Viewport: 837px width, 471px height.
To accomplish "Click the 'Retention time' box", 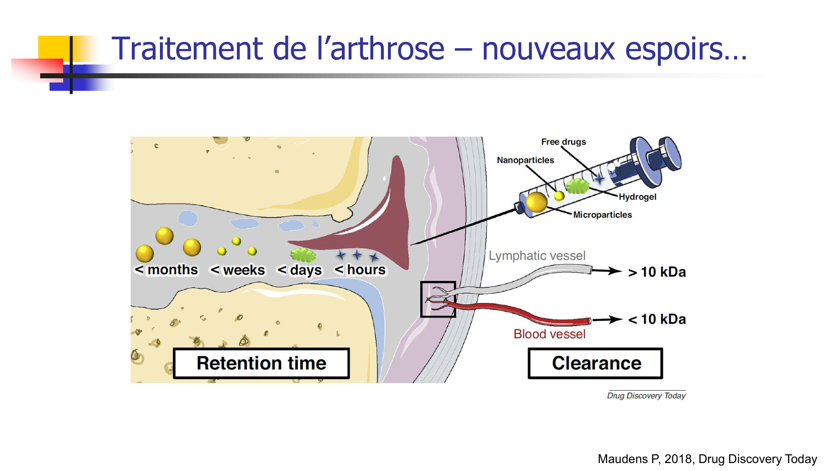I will click(x=261, y=363).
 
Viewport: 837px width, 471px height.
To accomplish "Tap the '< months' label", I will click(x=166, y=270).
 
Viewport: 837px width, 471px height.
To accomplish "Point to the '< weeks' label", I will click(x=238, y=270).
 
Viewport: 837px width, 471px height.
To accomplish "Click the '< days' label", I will click(x=300, y=270).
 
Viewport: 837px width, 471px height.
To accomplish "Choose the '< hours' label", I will click(x=360, y=270).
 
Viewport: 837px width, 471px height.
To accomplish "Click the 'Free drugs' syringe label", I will click(x=563, y=142).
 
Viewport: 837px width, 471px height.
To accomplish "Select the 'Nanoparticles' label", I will click(x=525, y=160).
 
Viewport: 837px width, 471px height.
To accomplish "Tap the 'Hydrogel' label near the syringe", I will click(x=637, y=197).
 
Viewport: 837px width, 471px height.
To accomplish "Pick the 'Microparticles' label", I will click(x=602, y=215).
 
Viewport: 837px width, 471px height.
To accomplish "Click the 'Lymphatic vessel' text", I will click(x=537, y=255).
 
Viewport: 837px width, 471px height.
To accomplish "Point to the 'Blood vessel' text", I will click(x=549, y=334).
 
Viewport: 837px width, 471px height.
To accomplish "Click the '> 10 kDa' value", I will click(x=657, y=272).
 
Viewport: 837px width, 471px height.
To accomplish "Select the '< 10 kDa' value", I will click(x=657, y=319).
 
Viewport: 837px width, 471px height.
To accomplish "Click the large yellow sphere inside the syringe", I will click(x=537, y=202).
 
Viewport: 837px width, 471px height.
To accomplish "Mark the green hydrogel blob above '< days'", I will click(x=303, y=255).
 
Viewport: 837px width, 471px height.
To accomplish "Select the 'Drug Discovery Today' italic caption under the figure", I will click(x=646, y=396).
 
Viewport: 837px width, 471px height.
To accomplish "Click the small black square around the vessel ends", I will click(x=438, y=299).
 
